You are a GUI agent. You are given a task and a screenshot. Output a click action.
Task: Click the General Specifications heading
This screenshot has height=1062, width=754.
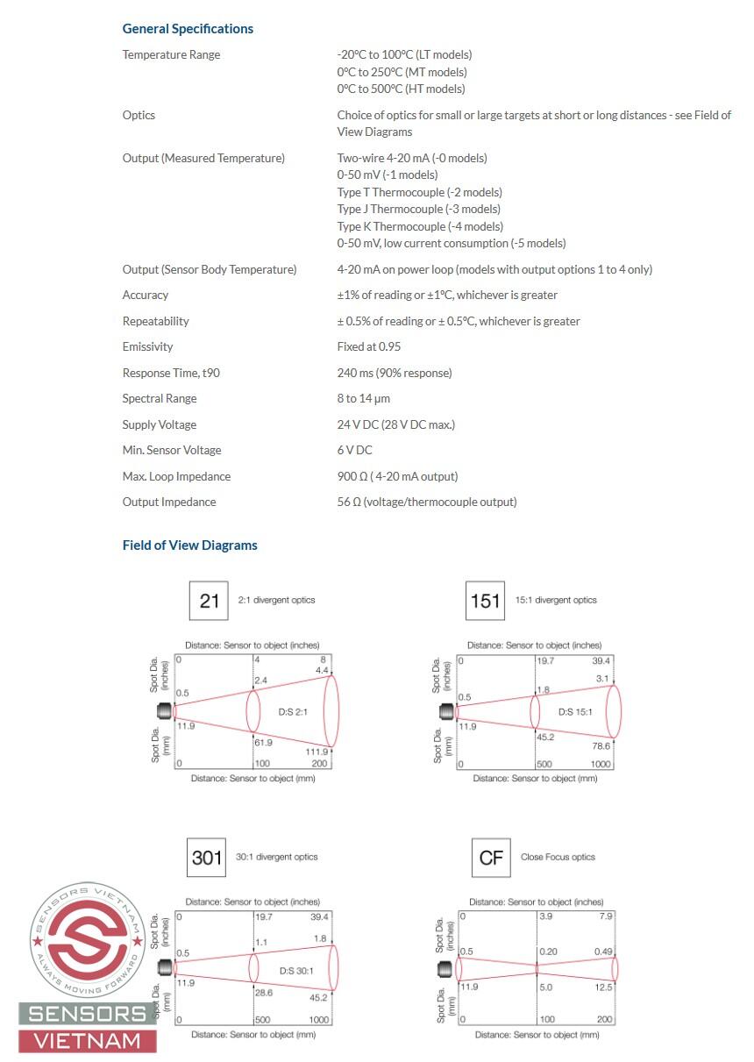coord(188,29)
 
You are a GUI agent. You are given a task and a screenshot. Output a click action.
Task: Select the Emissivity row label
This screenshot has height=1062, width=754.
coord(147,346)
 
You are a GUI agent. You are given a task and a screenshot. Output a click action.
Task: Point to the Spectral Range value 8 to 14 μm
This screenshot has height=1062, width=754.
coord(363,398)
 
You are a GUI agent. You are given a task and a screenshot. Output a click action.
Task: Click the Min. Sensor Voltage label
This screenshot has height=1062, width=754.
coord(171,450)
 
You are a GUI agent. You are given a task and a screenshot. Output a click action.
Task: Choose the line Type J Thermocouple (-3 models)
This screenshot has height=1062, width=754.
coord(418,209)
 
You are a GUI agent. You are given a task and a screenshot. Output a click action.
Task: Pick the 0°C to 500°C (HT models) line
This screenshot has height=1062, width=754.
coord(401,89)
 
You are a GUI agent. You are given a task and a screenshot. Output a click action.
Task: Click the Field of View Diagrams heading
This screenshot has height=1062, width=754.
coord(189,545)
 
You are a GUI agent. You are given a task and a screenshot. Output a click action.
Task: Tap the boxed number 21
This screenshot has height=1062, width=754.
coord(209,601)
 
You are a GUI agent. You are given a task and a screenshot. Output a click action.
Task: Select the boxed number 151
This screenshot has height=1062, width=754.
coord(485,601)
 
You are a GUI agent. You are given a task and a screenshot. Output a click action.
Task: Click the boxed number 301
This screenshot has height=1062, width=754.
coord(207,857)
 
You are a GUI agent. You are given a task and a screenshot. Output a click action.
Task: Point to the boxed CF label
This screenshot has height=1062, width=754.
coord(491,857)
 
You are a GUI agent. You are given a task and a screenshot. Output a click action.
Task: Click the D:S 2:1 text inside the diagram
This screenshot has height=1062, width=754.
coord(293,710)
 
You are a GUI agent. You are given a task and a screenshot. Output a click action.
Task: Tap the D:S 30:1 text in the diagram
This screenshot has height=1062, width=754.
coord(295,970)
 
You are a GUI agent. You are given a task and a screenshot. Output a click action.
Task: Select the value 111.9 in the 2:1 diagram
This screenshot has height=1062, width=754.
coord(317,752)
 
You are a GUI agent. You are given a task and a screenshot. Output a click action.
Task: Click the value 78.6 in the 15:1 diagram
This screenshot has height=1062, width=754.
coord(600,746)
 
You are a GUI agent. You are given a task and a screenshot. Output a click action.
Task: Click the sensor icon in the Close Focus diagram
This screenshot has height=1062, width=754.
coord(448,969)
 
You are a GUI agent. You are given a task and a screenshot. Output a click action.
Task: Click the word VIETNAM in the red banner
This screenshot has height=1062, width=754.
coord(87,1041)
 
